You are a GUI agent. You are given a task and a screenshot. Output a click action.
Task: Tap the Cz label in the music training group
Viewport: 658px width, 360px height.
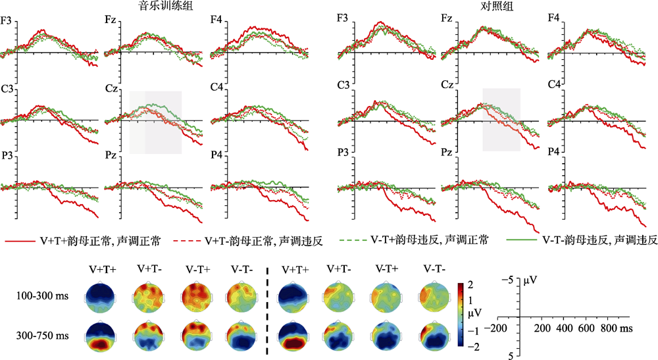point(111,87)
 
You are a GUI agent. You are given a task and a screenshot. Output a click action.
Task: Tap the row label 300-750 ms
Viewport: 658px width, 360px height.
point(42,336)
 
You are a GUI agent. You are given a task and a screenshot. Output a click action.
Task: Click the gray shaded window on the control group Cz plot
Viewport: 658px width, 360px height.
point(501,119)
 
